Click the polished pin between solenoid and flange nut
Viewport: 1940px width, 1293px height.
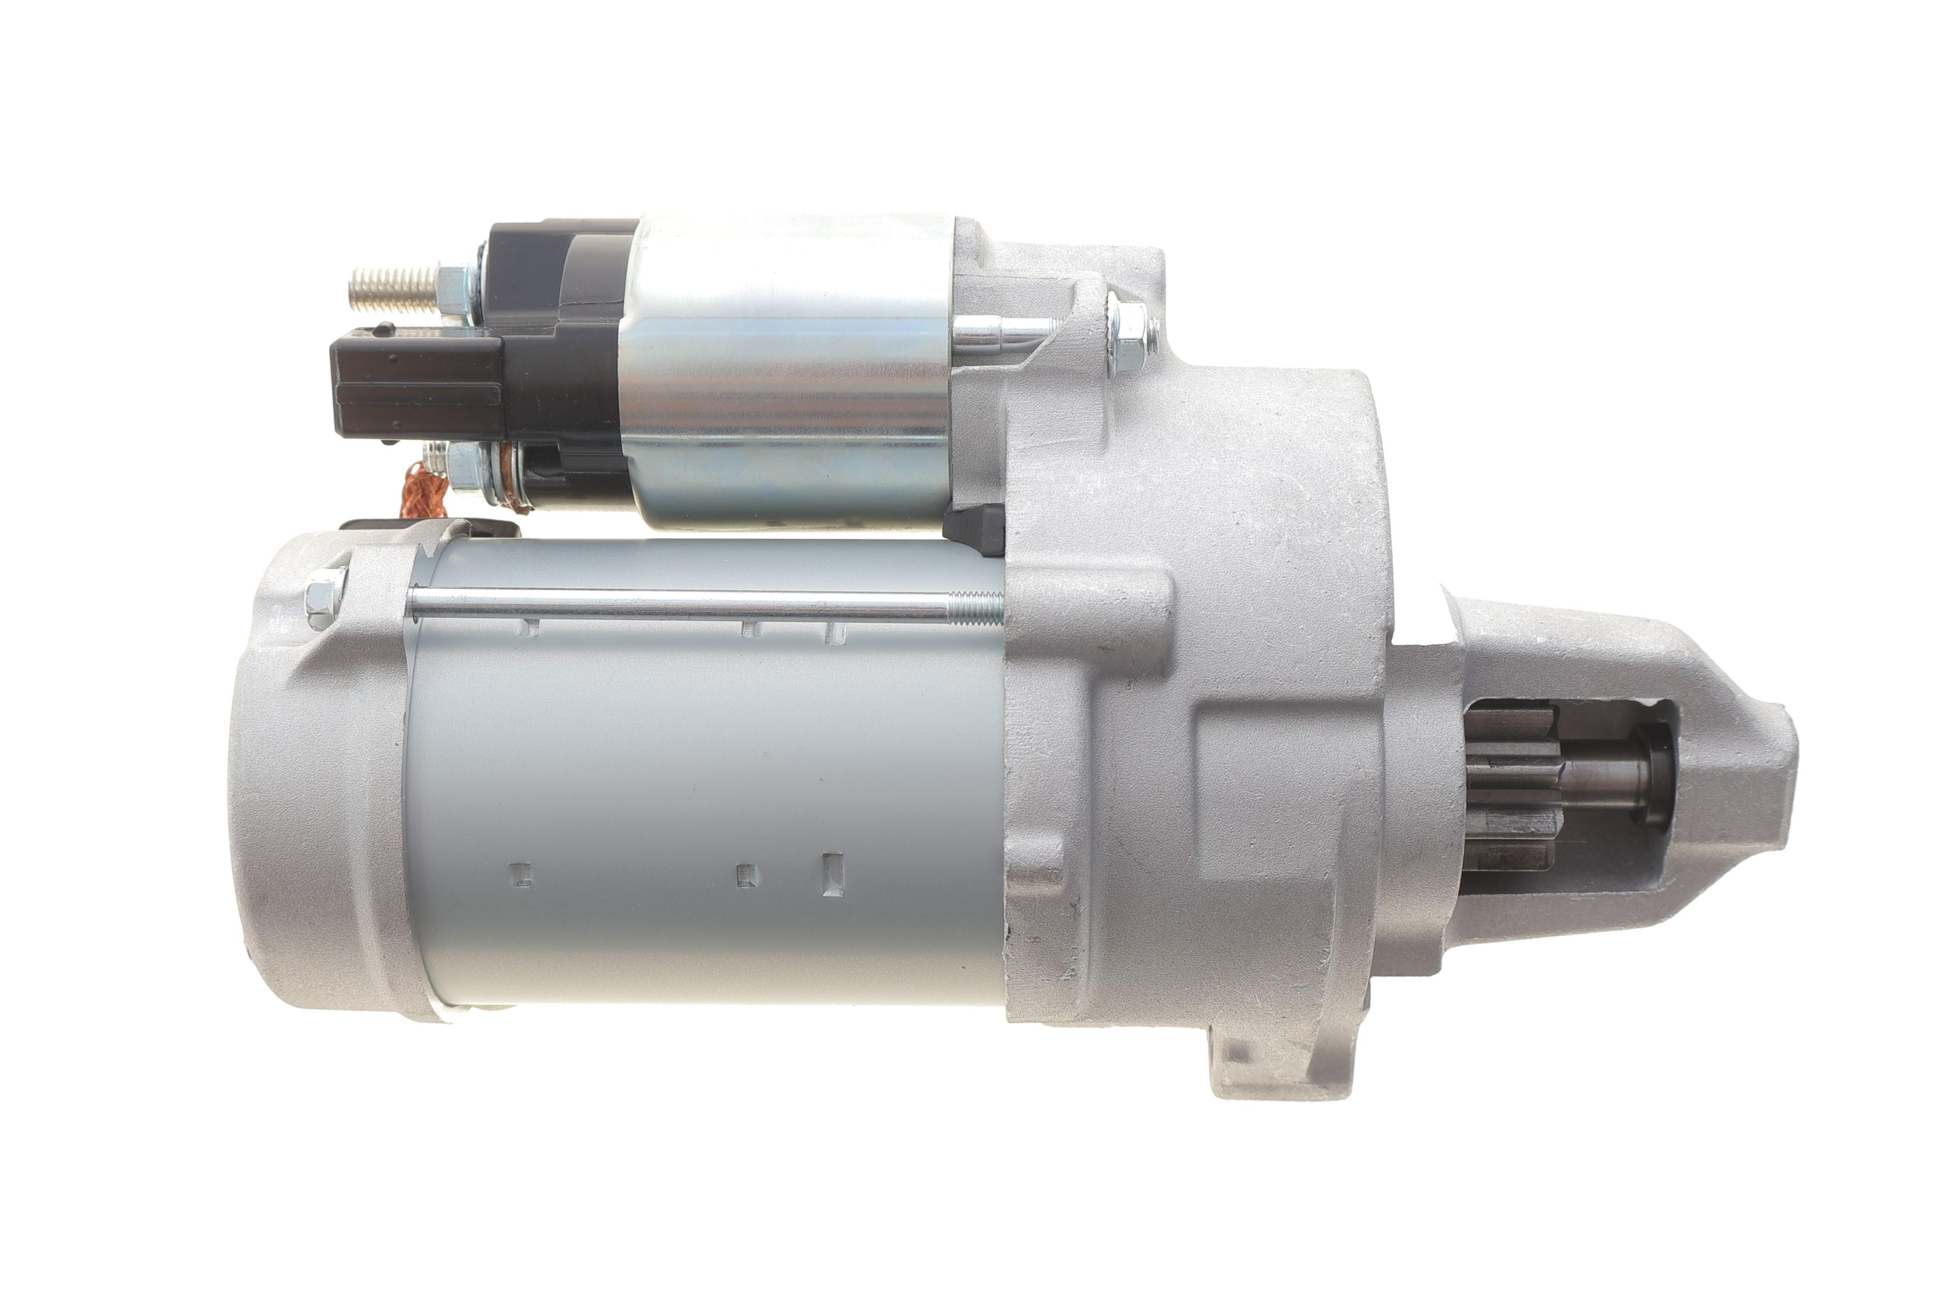[1002, 332]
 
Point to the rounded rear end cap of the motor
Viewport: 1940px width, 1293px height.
[321, 784]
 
